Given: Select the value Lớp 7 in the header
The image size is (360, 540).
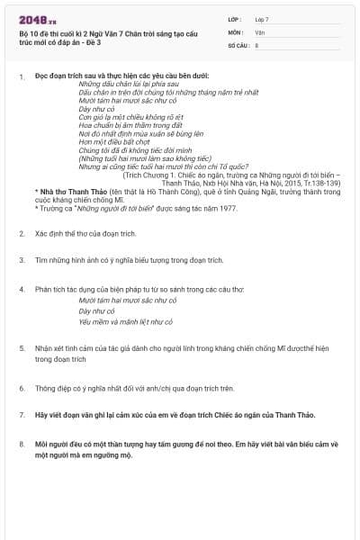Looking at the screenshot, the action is (x=263, y=19).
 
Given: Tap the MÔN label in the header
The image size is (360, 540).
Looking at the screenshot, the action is (x=236, y=31).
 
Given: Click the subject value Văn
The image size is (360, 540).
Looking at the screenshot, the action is (x=259, y=31).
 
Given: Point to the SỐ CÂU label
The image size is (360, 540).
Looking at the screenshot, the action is (x=238, y=44).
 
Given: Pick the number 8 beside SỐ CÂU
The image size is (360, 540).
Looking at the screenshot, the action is (x=256, y=44).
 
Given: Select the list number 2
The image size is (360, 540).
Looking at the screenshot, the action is (x=22, y=233).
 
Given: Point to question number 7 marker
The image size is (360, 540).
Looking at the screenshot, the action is (x=22, y=416).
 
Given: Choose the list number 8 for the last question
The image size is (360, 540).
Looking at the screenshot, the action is (x=22, y=444).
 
